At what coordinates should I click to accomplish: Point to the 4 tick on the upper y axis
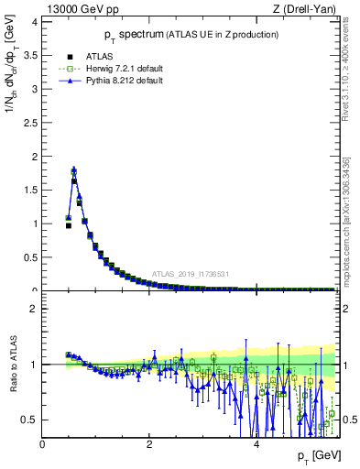point(35,22)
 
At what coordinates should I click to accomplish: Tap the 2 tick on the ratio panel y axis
point(35,309)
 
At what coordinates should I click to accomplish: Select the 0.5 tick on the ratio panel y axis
point(31,420)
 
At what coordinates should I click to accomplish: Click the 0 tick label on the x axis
point(43,444)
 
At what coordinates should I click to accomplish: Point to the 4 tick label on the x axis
point(256,444)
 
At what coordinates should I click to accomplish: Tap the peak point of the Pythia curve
point(74,169)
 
